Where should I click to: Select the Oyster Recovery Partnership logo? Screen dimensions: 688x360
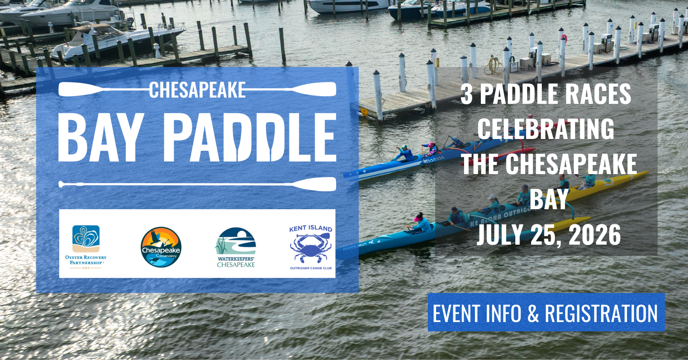pyautogui.click(x=86, y=247)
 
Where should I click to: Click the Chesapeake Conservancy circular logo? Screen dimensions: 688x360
pyautogui.click(x=161, y=247)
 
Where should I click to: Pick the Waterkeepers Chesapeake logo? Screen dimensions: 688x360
pyautogui.click(x=236, y=248)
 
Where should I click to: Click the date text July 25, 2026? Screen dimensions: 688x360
pyautogui.click(x=549, y=235)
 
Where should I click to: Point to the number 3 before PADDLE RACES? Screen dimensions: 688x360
pyautogui.click(x=467, y=94)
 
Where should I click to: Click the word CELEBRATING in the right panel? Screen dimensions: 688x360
pyautogui.click(x=546, y=129)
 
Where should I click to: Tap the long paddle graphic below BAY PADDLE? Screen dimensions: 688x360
pyautogui.click(x=197, y=184)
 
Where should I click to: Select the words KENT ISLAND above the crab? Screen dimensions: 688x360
pyautogui.click(x=311, y=228)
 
